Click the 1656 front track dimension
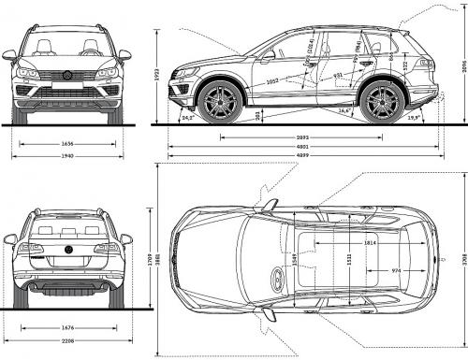[x=66, y=143]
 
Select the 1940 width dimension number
[x=66, y=156]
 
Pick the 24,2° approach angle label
[x=188, y=119]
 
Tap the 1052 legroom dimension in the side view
[x=272, y=81]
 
